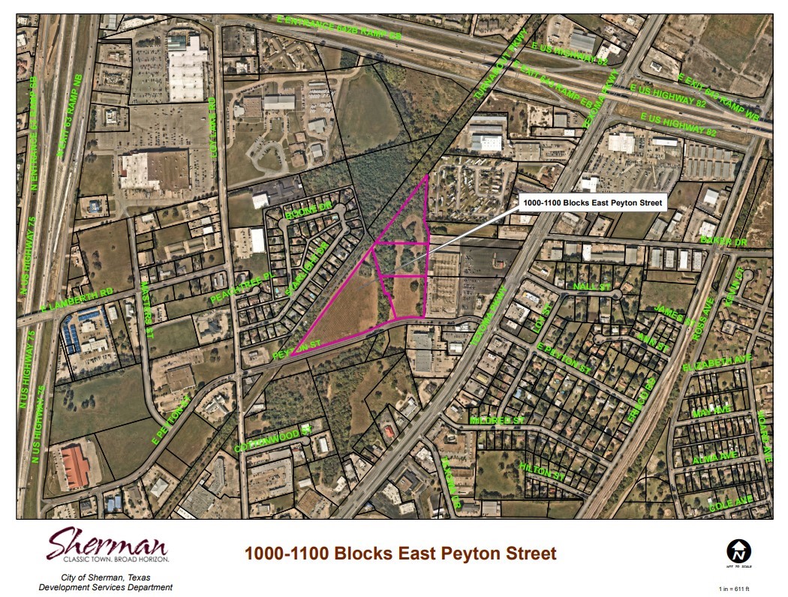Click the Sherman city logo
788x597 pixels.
(x=108, y=545)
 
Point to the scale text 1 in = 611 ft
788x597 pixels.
(x=739, y=589)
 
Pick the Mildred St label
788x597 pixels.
(x=496, y=421)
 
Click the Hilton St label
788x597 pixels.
(x=541, y=471)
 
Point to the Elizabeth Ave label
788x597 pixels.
(x=728, y=361)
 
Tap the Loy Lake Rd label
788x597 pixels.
(x=212, y=120)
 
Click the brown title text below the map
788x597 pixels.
(x=400, y=554)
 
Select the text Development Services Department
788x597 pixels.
(x=105, y=587)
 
